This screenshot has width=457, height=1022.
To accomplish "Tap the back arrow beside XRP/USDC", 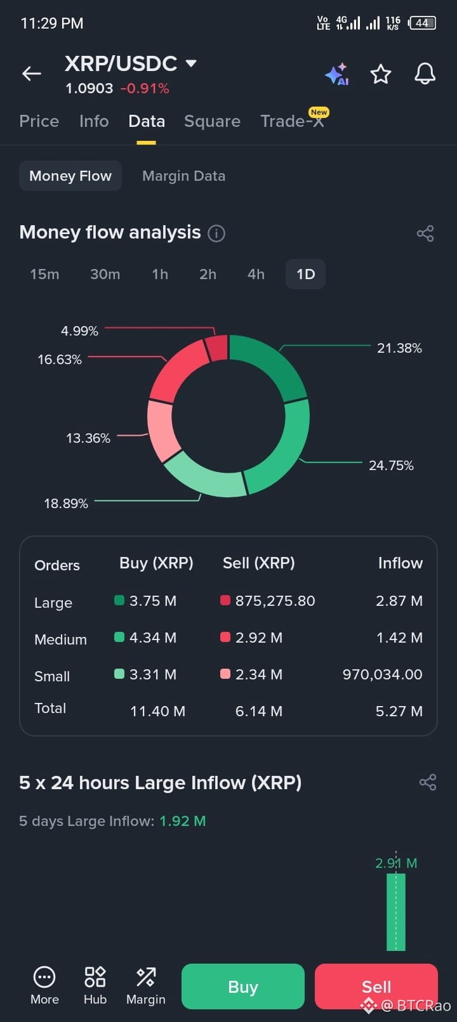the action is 32,73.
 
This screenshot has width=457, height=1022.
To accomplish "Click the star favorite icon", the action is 380,74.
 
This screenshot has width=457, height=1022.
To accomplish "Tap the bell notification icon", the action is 425,74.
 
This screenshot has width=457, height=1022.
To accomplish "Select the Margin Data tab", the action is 183,176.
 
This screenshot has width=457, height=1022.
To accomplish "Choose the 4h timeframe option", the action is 256,274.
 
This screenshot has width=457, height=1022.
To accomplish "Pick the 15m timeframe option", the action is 44,274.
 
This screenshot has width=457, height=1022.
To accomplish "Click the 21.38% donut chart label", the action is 399,348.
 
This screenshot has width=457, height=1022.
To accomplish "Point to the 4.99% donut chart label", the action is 79,331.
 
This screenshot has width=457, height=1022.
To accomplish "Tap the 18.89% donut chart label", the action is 66,503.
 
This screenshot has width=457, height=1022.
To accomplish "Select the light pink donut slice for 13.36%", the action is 162,431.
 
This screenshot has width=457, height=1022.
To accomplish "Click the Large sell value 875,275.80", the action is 275,600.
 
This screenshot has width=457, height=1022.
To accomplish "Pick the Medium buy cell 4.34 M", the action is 152,638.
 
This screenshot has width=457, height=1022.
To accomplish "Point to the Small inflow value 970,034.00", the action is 382,674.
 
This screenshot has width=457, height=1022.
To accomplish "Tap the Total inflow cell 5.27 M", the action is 399,711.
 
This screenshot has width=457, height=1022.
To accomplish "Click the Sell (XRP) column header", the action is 258,563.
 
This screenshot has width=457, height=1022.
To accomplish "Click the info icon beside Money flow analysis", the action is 216,233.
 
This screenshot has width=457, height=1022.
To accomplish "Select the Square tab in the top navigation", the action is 212,121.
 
